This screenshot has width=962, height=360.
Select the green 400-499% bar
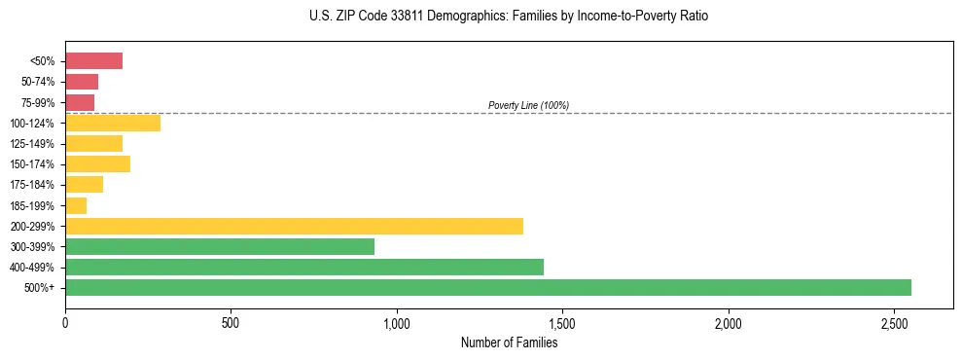[x=304, y=267]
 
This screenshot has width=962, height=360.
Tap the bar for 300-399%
[x=220, y=246]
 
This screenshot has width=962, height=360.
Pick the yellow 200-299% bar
[x=294, y=226]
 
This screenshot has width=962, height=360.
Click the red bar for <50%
[x=93, y=61]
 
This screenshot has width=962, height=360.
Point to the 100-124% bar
[x=113, y=123]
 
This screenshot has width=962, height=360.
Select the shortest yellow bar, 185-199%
[x=76, y=205]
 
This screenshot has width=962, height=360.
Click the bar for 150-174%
[x=97, y=163]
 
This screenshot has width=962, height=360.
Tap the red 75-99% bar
[x=80, y=102]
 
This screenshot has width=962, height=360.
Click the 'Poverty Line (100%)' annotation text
[x=528, y=105]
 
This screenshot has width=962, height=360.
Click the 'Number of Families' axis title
[x=509, y=342]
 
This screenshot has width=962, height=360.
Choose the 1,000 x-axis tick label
[x=397, y=322]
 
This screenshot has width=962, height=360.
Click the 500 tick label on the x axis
[x=231, y=322]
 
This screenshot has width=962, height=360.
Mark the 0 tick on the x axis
[x=65, y=322]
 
